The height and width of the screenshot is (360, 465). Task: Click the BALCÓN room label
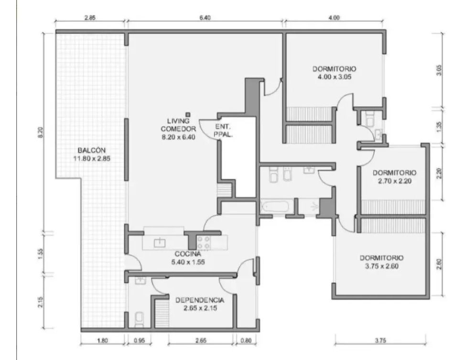[x=92, y=154]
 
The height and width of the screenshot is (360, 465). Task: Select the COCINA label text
[x=188, y=254]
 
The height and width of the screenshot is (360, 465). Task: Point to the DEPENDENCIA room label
[x=200, y=300]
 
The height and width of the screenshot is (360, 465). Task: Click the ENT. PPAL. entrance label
[x=223, y=131]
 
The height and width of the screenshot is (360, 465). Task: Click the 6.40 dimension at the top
[x=205, y=18]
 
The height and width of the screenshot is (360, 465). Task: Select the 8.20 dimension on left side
[x=41, y=132]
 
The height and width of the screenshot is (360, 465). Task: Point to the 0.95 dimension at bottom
[x=139, y=340]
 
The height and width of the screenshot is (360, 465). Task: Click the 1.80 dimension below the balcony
[x=102, y=340]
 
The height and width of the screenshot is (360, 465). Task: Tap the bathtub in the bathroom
[x=276, y=207]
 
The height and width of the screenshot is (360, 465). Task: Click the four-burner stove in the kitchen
[x=204, y=242]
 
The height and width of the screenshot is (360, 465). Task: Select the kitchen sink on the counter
[x=160, y=242]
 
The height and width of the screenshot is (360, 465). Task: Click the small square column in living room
[x=188, y=115]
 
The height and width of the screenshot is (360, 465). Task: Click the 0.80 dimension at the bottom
[x=246, y=340]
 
